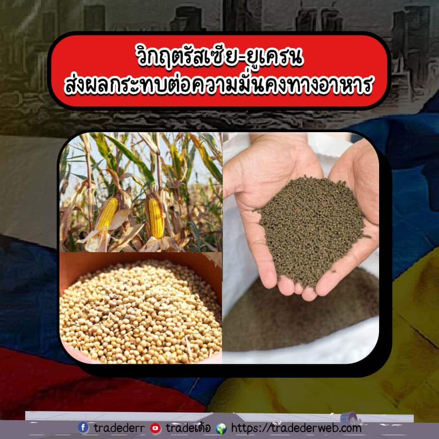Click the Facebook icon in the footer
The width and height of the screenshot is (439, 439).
click(83, 428)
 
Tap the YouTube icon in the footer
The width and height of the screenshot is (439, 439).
click(155, 428)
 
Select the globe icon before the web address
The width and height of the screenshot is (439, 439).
click(221, 428)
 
